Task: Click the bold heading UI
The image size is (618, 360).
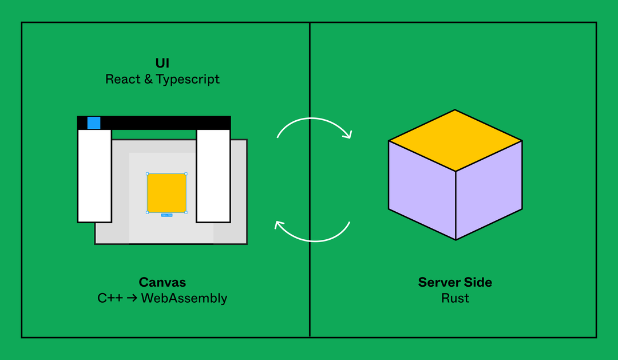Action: pos(163,63)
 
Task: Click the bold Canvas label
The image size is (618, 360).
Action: pos(163,282)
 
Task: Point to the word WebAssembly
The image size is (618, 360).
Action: pos(184,298)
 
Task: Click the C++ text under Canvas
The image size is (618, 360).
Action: pos(110,298)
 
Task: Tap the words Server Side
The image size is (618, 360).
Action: pos(455,282)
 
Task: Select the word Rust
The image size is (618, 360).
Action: pos(455,298)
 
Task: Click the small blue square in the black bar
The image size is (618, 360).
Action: pos(94,122)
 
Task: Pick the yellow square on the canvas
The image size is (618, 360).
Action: pos(167,193)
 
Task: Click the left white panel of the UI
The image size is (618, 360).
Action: pos(94,175)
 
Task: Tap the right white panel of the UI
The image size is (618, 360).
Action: pos(213,175)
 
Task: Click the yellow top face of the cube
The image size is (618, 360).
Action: pos(455,140)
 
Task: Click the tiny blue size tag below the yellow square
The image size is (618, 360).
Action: pos(167,215)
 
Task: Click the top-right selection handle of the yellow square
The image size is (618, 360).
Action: pos(186,173)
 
